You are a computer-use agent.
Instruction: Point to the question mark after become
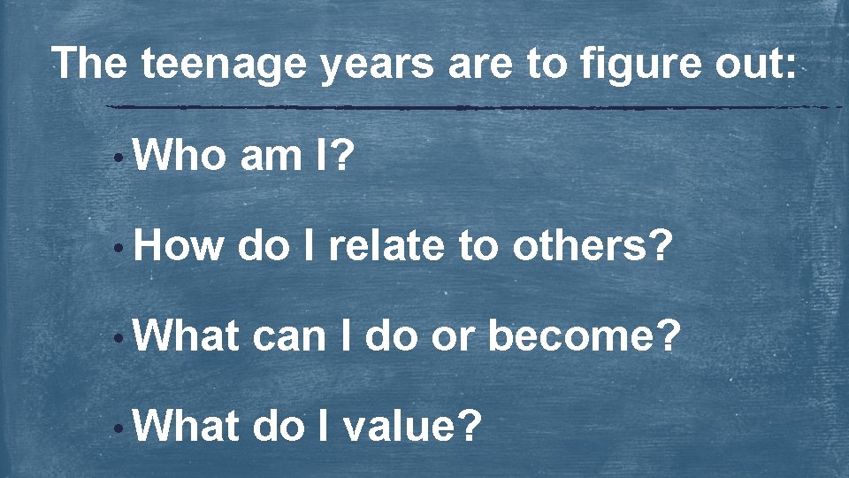[x=669, y=337]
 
